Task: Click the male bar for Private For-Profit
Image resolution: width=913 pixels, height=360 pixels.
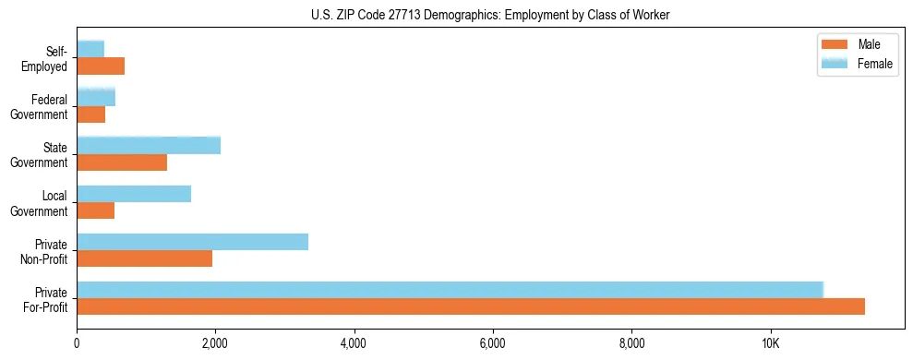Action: [x=471, y=306]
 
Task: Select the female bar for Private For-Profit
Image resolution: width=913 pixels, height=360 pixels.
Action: [x=450, y=290]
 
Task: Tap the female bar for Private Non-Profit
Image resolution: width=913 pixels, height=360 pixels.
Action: [x=192, y=242]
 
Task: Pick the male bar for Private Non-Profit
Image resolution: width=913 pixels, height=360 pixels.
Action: [x=144, y=258]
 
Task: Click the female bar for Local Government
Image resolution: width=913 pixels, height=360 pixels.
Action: [x=134, y=194]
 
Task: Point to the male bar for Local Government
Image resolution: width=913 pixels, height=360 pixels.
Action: [x=95, y=210]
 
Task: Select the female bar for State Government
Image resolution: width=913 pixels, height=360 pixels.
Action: [x=149, y=145]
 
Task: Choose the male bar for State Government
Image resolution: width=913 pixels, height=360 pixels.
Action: [x=122, y=162]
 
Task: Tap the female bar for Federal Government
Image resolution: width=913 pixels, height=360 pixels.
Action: [x=96, y=97]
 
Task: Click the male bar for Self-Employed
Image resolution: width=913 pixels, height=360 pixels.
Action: [x=101, y=66]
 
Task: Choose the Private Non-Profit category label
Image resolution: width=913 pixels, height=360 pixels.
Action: [x=46, y=251]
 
